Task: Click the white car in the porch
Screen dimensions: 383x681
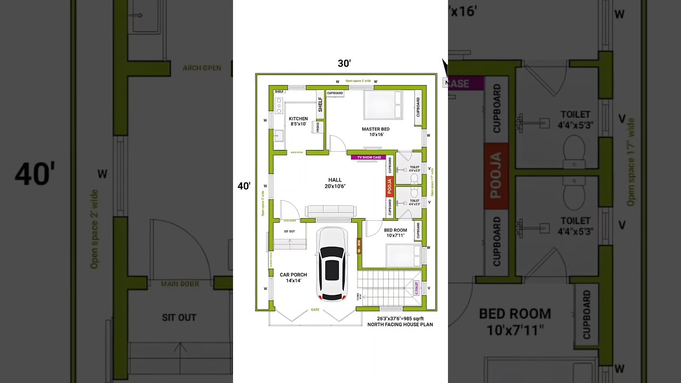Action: point(332,264)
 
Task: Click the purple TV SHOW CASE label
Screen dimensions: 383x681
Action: point(369,157)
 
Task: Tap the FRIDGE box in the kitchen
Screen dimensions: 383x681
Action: point(318,127)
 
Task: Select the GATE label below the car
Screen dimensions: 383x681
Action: point(315,310)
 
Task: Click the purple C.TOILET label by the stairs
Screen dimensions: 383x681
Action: point(417,288)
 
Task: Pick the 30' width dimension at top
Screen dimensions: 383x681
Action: point(344,63)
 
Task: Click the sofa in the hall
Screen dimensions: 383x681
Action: point(330,211)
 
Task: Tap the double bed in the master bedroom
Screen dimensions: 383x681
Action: point(383,105)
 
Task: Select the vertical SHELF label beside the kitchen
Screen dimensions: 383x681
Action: point(320,104)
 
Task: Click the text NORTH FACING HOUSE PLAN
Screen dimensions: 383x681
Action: point(400,324)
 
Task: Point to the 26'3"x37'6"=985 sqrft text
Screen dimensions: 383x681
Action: point(400,319)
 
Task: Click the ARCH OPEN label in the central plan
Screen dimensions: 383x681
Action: point(297,153)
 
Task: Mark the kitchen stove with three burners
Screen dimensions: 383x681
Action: point(279,105)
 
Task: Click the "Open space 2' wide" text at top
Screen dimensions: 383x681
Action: point(358,81)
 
